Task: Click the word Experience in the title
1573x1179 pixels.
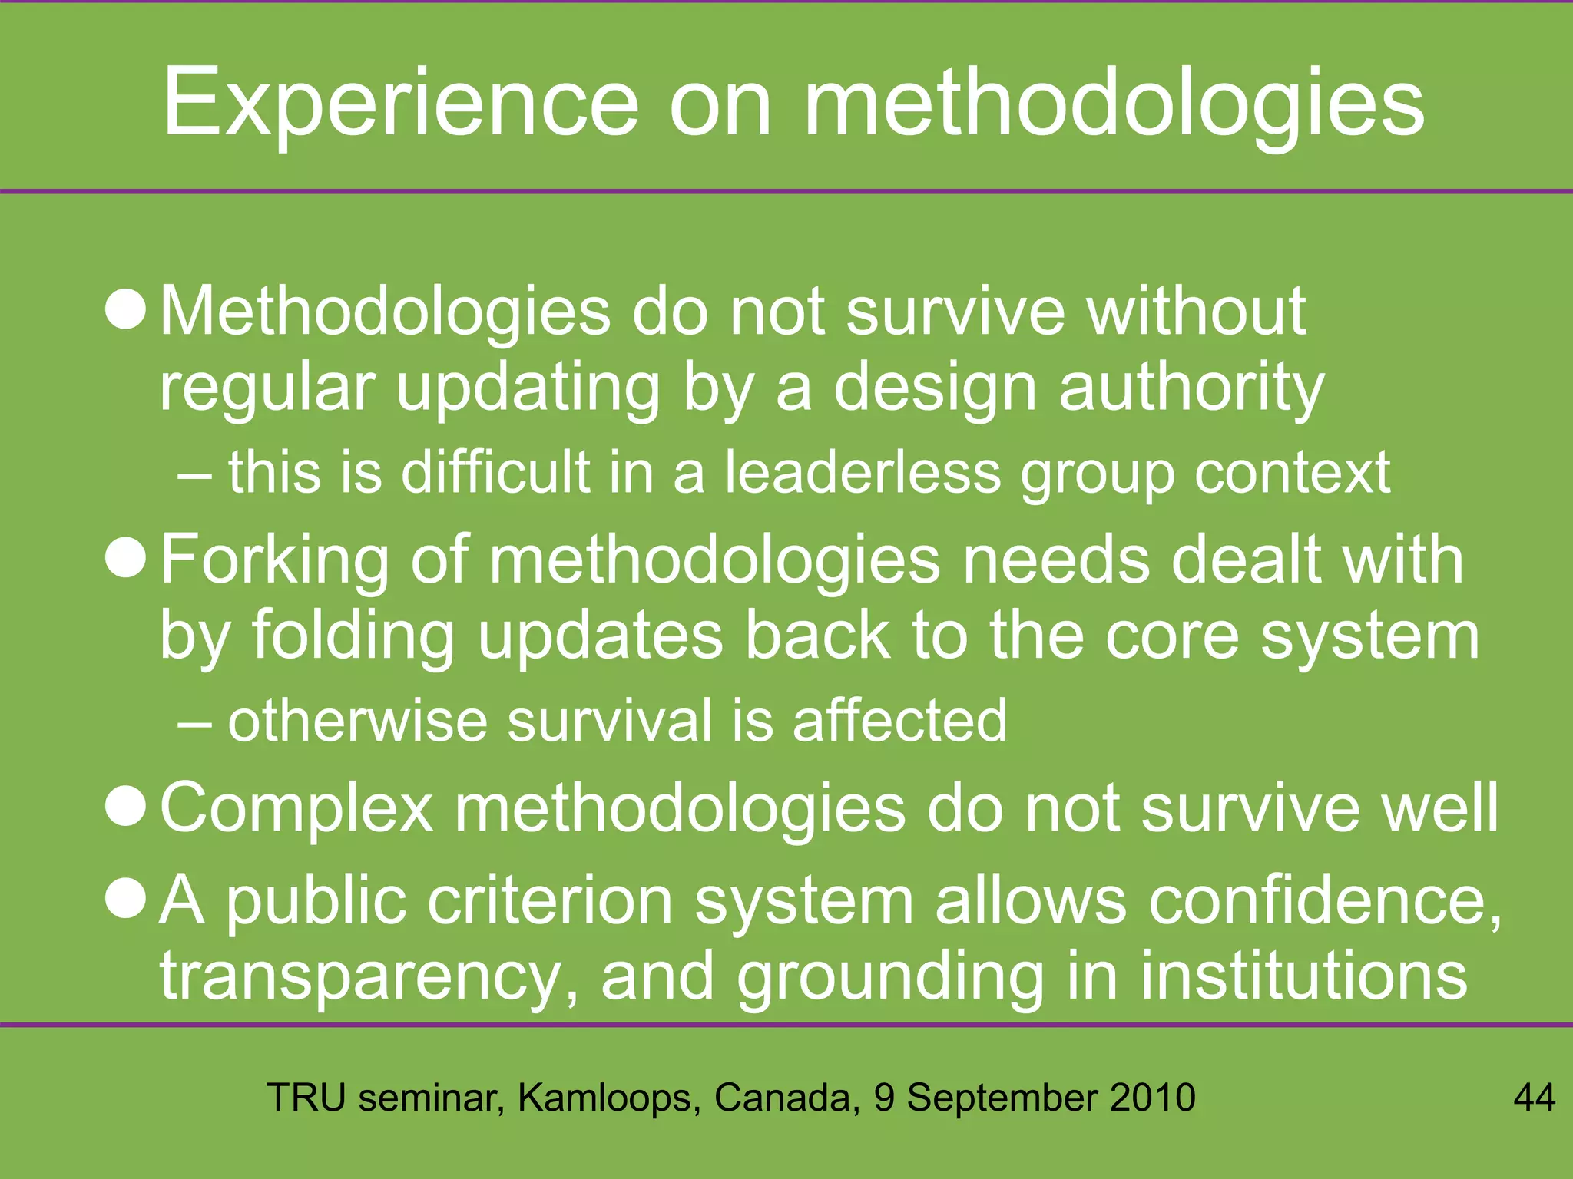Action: coord(400,104)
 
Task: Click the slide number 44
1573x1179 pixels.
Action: coord(1534,1098)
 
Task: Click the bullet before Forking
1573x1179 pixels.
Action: coord(125,559)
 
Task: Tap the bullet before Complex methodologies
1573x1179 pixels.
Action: coord(125,807)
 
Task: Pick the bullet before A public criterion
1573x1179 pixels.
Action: coord(125,899)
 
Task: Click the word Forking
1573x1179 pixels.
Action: coord(275,560)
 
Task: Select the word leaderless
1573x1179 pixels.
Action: coord(863,472)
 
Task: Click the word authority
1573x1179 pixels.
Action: coord(1191,388)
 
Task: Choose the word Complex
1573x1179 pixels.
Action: coord(296,808)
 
